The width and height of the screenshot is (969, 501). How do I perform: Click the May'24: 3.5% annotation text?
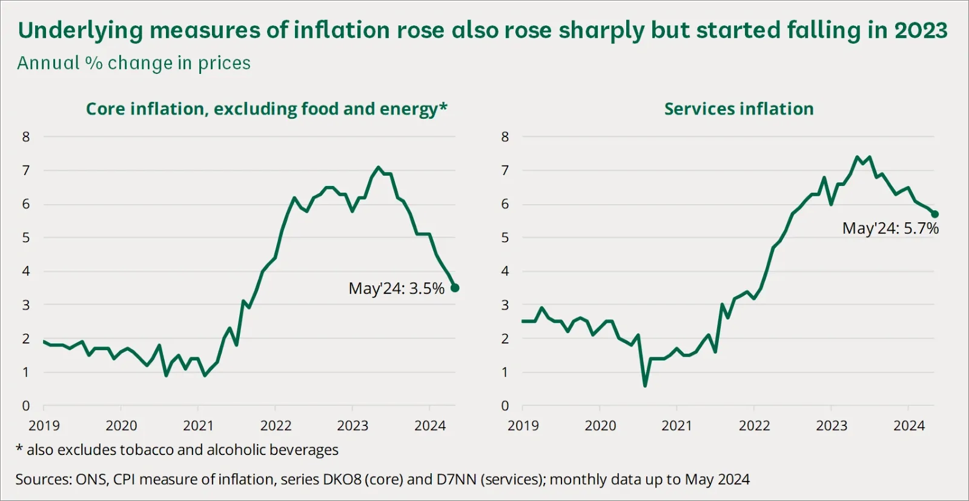coord(396,288)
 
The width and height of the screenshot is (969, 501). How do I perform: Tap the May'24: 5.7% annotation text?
coord(890,228)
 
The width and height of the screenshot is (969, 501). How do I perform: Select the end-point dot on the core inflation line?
coord(455,288)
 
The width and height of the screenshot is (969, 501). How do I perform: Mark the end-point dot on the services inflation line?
coord(934,214)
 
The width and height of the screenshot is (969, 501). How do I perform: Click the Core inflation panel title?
coord(266,109)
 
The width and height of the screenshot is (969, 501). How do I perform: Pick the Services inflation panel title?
coord(738,109)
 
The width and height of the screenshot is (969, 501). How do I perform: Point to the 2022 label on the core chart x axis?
coord(276,426)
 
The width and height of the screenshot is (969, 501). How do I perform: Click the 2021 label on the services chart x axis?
coord(676,426)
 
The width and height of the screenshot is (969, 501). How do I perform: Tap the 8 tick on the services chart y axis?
coord(505,137)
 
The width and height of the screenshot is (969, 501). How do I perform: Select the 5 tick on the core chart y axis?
coord(26,237)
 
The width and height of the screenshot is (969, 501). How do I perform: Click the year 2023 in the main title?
coord(921,30)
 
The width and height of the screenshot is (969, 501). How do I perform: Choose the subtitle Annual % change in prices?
coord(134,63)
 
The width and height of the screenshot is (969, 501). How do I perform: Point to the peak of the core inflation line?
coord(379,167)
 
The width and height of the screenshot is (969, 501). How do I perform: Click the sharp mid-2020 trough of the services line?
coord(645,385)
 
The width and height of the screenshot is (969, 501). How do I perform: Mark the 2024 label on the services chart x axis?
coord(908,426)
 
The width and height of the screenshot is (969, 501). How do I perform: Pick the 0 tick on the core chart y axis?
coord(26,406)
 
